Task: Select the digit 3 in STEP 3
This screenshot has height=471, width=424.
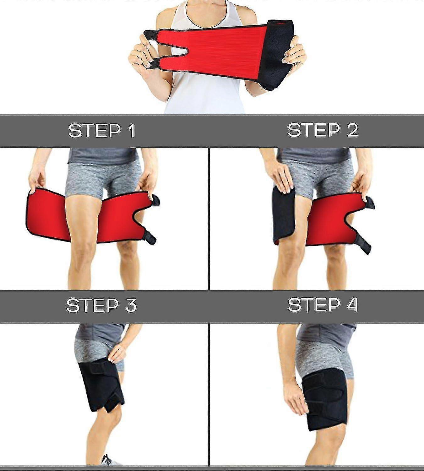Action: coord(131,305)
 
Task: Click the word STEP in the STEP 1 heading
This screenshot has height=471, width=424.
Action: coord(95,130)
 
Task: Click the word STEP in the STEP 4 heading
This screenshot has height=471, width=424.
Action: coord(314,305)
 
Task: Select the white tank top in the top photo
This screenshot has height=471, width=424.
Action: coord(204,94)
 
